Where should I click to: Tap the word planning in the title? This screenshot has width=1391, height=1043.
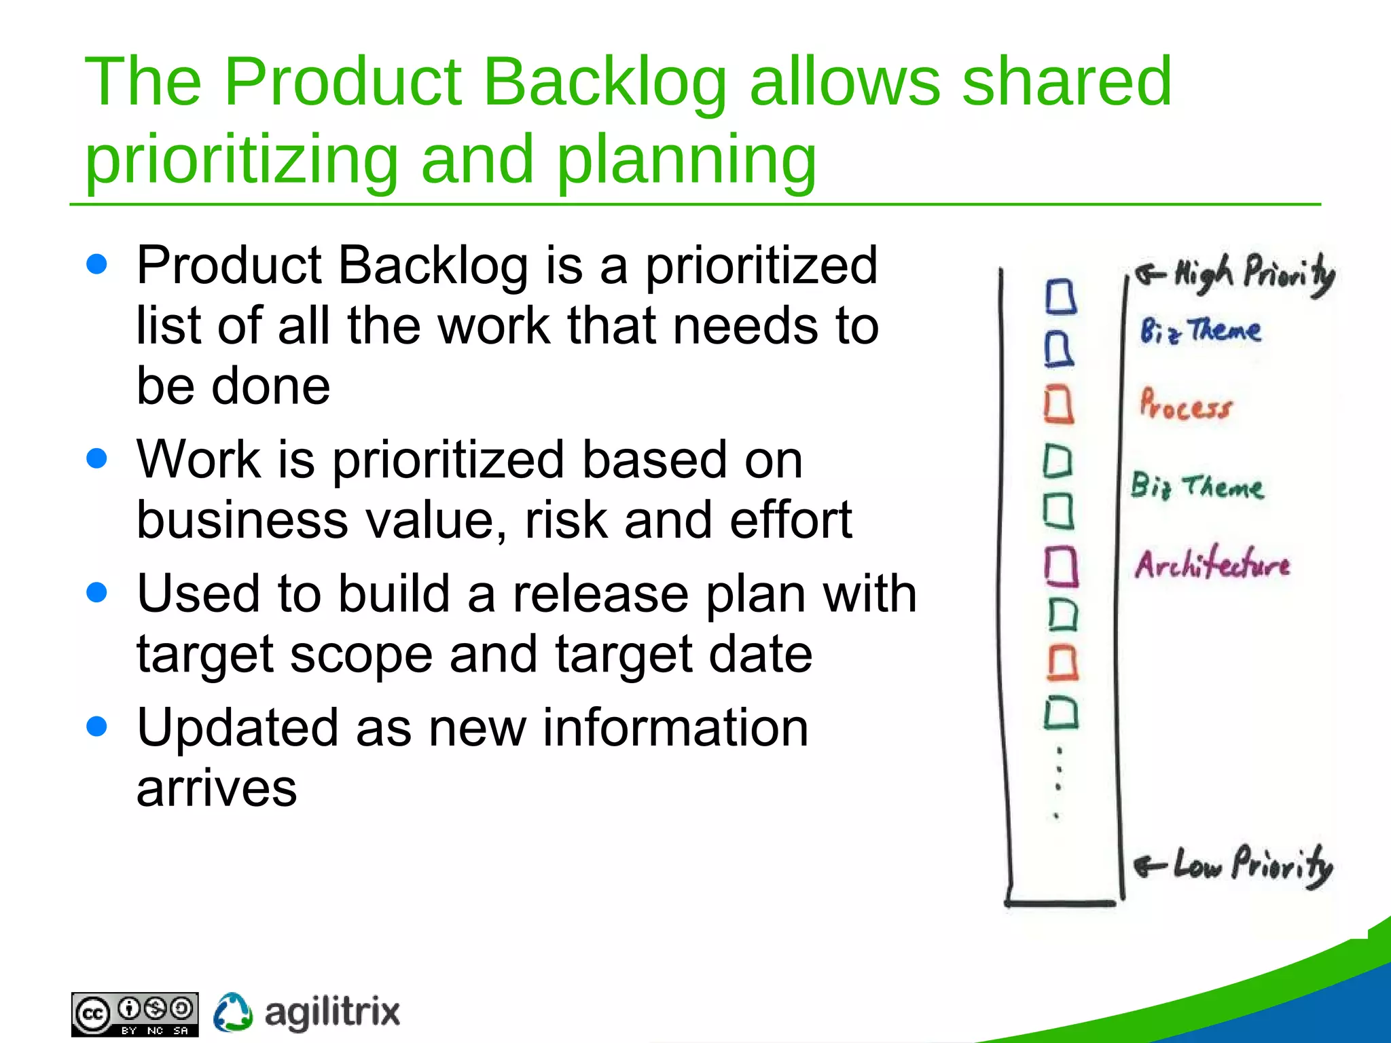click(x=686, y=160)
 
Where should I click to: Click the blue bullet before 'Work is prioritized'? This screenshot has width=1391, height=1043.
click(x=97, y=458)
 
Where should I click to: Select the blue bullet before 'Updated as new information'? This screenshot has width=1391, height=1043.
click(x=97, y=727)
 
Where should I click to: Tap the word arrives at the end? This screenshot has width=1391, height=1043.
click(x=217, y=789)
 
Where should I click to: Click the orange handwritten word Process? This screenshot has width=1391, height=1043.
click(x=1185, y=405)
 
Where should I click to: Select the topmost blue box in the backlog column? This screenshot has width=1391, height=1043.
click(x=1060, y=297)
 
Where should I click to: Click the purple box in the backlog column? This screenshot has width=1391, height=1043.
click(x=1061, y=566)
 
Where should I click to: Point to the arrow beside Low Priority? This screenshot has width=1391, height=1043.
click(x=1149, y=866)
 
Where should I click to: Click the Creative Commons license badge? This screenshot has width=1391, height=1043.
click(x=134, y=1014)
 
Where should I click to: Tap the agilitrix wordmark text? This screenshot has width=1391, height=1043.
click(x=331, y=1012)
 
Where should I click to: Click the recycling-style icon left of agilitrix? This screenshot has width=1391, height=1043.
click(x=233, y=1012)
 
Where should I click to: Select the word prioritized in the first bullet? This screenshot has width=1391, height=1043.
click(x=761, y=266)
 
